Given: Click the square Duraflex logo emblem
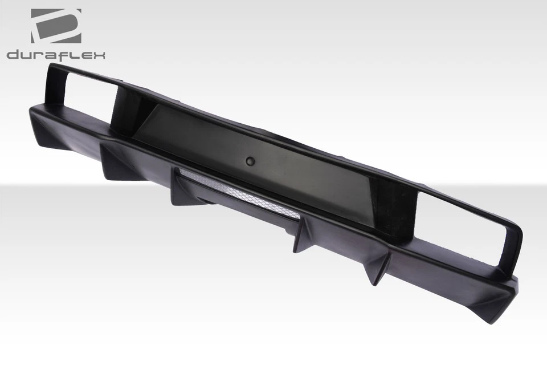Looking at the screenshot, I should pyautogui.click(x=56, y=26).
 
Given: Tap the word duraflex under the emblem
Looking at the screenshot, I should pyautogui.click(x=56, y=55).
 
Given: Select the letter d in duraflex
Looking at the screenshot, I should pyautogui.click(x=13, y=55).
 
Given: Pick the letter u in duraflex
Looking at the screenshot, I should pyautogui.click(x=27, y=56).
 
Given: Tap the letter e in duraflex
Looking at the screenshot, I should pyautogui.click(x=84, y=56).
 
